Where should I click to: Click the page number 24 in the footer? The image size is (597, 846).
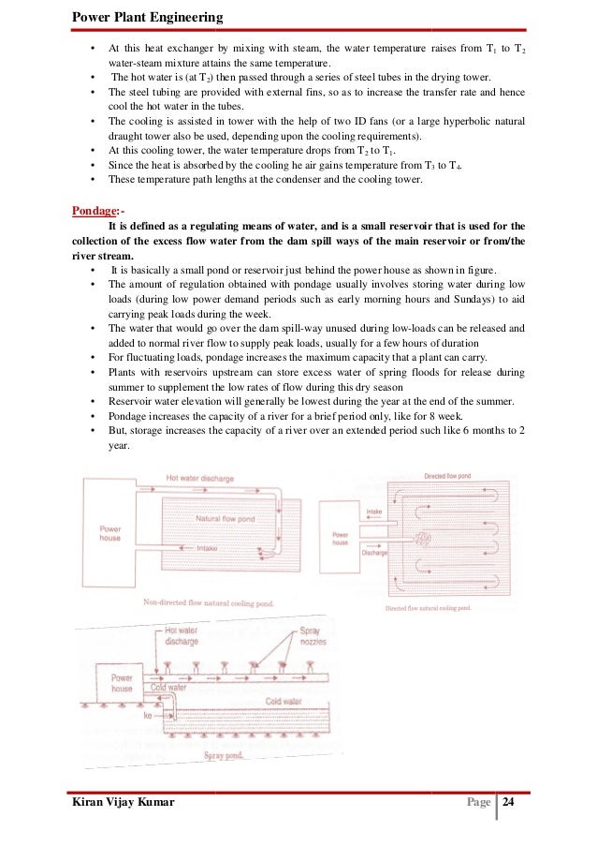509,803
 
